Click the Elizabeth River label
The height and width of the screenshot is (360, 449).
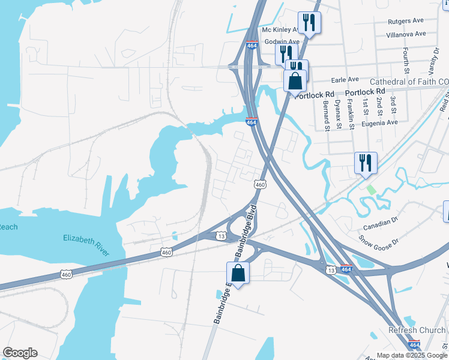pyautogui.click(x=87, y=245)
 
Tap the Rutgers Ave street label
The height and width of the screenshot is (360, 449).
pyautogui.click(x=406, y=21)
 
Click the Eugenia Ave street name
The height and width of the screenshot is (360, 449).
pyautogui.click(x=379, y=122)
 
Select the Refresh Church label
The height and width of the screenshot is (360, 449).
pyautogui.click(x=417, y=330)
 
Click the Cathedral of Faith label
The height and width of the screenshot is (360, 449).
pyautogui.click(x=408, y=82)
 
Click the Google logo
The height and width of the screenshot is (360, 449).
pyautogui.click(x=20, y=353)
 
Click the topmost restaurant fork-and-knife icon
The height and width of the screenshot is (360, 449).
pyautogui.click(x=310, y=23)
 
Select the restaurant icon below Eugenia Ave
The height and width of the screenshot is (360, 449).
pyautogui.click(x=366, y=163)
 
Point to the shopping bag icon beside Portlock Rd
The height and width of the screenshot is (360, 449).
pyautogui.click(x=295, y=80)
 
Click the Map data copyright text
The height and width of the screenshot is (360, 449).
pyautogui.click(x=412, y=355)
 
